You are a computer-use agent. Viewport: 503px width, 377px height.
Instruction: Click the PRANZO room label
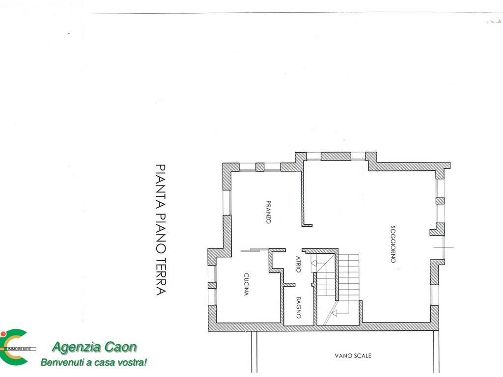pos(269,212)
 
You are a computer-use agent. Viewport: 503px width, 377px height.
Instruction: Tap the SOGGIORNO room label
pos(393,244)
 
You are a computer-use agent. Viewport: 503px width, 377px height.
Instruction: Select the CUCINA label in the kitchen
pos(246,284)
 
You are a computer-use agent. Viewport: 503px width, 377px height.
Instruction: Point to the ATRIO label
pos(298,264)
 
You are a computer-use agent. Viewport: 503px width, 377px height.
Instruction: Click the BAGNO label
pos(298,308)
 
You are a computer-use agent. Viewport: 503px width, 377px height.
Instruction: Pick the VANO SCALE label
pos(353,355)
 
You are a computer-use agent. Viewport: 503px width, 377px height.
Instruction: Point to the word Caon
pos(121,347)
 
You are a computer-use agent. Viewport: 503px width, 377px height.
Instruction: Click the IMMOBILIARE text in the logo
pos(19,349)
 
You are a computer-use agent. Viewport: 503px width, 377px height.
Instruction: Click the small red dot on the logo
pos(3,334)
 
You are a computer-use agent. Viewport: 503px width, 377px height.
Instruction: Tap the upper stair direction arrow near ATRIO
pos(314,264)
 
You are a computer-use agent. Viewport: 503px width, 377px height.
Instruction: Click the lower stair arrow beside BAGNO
pos(334,313)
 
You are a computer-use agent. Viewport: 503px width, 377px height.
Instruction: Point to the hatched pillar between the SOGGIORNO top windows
pos(336,156)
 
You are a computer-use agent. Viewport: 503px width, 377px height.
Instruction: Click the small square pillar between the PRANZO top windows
pos(260,167)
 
